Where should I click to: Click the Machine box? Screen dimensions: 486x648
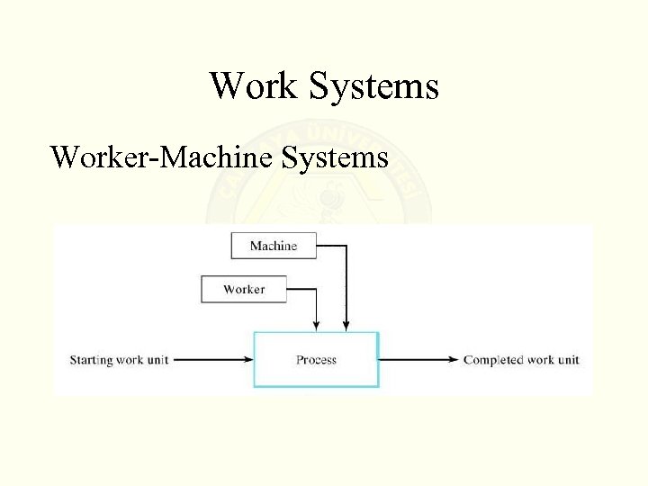pos(274,246)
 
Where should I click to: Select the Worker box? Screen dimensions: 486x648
pos(244,289)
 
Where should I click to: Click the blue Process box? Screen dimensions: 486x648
pos(316,360)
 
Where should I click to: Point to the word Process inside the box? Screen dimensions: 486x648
pos(316,360)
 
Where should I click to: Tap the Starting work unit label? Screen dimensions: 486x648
pos(119,360)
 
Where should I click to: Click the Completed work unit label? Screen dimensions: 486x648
pos(521,360)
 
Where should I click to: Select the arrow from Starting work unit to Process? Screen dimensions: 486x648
pos(212,360)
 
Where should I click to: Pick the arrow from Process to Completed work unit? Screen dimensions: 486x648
pos(419,360)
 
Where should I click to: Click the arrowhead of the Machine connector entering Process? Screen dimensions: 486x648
pos(346,326)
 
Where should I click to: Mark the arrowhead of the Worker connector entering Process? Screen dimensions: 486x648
pos(316,326)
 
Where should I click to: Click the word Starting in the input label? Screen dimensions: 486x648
pos(92,360)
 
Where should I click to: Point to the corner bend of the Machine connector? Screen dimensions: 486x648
pos(346,246)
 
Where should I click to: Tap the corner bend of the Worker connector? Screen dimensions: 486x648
pos(316,289)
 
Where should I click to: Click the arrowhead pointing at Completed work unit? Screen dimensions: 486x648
pos(454,360)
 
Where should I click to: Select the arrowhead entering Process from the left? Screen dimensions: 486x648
pos(247,360)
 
